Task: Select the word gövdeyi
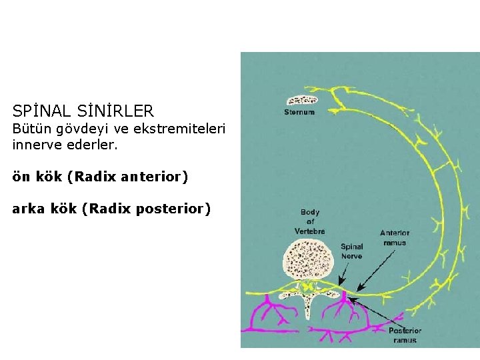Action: [x=73, y=128]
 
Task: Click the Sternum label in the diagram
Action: [x=299, y=112]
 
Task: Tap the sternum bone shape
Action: [x=301, y=100]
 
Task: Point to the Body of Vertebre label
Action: [x=310, y=221]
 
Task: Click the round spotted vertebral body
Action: [x=309, y=259]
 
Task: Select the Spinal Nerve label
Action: [x=351, y=251]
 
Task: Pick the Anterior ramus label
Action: [x=395, y=237]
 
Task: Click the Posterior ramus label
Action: [x=405, y=335]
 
